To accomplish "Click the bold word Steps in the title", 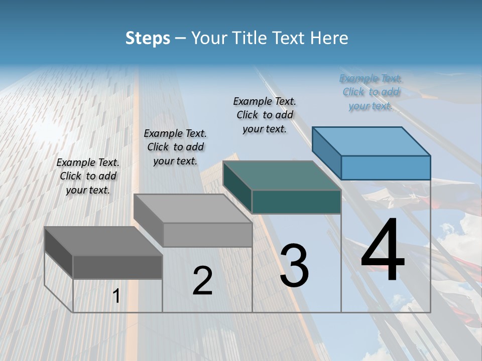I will click(x=148, y=38).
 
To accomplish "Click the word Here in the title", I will click(x=329, y=38).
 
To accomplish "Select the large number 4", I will click(x=383, y=251).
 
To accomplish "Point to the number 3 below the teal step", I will click(x=294, y=266).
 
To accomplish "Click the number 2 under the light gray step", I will click(x=202, y=281).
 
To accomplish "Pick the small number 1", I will click(x=116, y=296).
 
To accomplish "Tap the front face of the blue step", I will click(x=386, y=167).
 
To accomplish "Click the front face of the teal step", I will click(x=296, y=202).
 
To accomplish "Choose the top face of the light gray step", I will click(x=193, y=209).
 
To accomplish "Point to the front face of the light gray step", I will click(x=207, y=235).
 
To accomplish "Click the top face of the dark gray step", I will click(x=103, y=241).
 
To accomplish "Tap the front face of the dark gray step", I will click(x=117, y=267).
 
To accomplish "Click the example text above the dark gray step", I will click(x=88, y=176).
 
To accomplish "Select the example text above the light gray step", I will click(x=175, y=147).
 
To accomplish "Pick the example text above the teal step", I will click(x=265, y=115).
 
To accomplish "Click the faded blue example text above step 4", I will click(x=371, y=92).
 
